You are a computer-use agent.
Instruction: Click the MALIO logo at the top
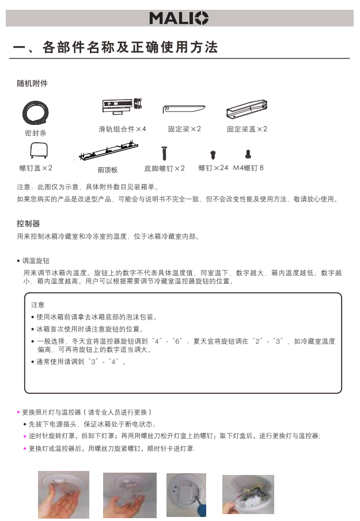click(179, 18)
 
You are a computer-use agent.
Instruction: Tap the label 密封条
click(36, 133)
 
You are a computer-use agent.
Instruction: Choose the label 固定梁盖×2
click(247, 129)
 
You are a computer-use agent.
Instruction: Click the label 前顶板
click(108, 170)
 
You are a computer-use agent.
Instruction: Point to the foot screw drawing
click(165, 153)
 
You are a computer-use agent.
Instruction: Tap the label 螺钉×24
click(213, 168)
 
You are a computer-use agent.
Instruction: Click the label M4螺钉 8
click(248, 168)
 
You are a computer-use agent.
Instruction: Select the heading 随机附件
click(32, 83)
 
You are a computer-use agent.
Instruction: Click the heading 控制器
click(28, 223)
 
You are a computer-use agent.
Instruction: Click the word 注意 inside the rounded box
click(37, 305)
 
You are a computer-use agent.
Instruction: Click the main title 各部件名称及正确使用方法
click(130, 48)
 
